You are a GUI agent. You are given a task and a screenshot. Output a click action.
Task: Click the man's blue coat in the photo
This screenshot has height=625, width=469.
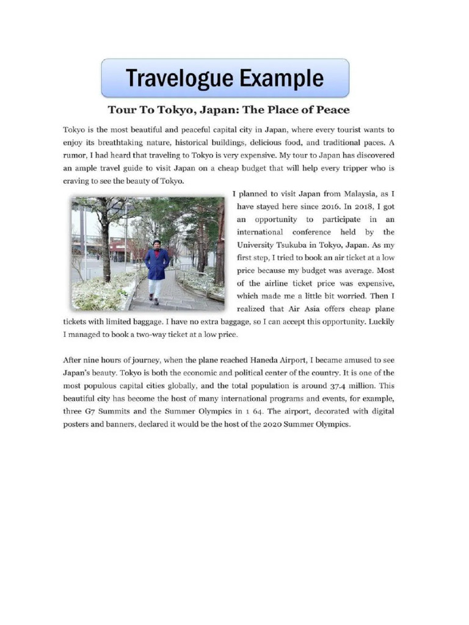(157, 264)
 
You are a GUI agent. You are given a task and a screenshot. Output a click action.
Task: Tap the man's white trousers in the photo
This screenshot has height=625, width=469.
(155, 287)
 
